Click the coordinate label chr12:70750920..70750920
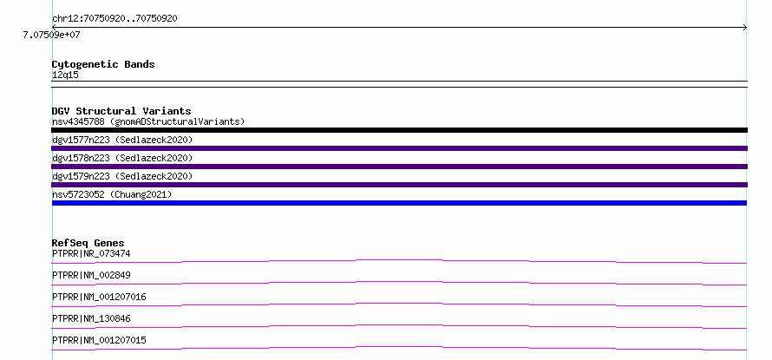coord(114,19)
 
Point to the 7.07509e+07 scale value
coord(52,35)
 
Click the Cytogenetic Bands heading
coord(103,64)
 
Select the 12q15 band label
coord(65,75)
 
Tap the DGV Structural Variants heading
coord(121,111)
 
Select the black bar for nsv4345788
coord(399,130)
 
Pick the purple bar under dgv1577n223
coord(399,148)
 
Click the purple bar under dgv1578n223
coord(399,167)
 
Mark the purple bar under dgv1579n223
coord(399,185)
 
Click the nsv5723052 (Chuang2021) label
coord(112,194)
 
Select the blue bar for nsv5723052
coord(399,203)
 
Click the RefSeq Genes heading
coord(88,243)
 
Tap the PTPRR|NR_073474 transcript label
coord(91,253)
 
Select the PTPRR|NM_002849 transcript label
coord(91,275)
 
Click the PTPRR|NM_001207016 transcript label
coord(99,297)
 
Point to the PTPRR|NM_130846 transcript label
coord(91,318)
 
